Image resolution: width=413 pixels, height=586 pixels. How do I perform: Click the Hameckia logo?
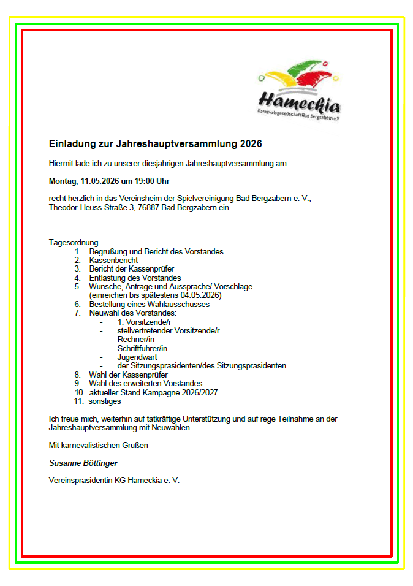click(x=299, y=89)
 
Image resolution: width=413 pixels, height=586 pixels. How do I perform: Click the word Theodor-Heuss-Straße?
click(x=87, y=208)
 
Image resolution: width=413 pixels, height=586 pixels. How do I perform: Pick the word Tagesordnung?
click(x=74, y=243)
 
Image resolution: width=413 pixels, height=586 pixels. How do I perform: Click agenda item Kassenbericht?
click(x=113, y=261)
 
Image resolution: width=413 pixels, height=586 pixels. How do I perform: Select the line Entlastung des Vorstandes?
click(x=135, y=278)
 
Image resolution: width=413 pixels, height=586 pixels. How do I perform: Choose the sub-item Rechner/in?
click(x=135, y=340)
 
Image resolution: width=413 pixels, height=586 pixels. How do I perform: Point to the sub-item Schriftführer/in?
click(x=142, y=348)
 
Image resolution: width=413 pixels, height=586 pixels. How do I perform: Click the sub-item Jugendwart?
click(x=137, y=357)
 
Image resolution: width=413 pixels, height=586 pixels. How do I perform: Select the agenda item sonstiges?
click(x=105, y=401)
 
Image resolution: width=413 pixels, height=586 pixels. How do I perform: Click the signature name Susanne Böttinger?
click(x=83, y=463)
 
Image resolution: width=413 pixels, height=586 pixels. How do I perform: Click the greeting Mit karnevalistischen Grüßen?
click(x=98, y=446)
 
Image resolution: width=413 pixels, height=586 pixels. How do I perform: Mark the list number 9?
click(x=77, y=384)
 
